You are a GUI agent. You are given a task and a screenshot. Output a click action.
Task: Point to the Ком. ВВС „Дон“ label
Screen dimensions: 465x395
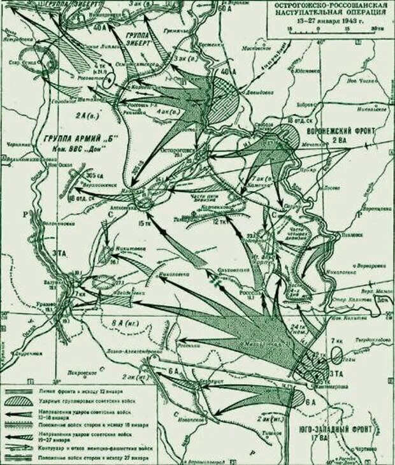pos(76,149)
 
